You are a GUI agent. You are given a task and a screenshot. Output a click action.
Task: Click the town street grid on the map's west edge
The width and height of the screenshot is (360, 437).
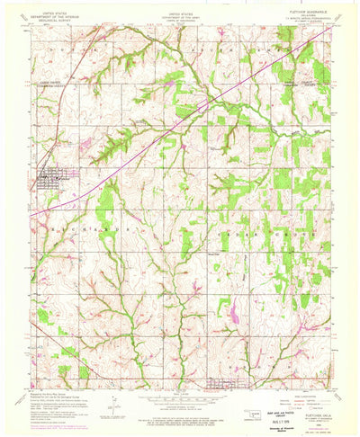click(x=48, y=177)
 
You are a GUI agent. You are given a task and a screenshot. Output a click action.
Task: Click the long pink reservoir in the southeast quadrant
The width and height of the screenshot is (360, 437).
click(x=233, y=312)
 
